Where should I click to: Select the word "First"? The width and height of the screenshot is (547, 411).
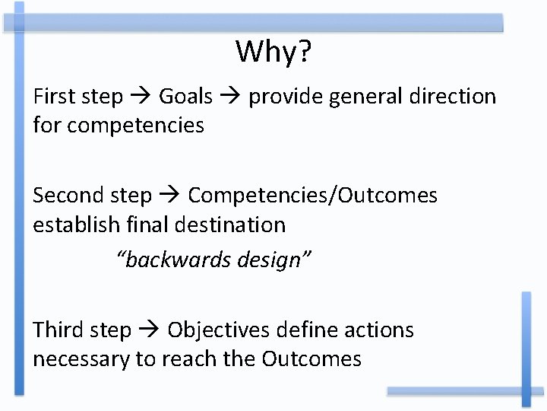click(x=53, y=97)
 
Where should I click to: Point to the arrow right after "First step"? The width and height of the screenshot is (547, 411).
click(x=141, y=97)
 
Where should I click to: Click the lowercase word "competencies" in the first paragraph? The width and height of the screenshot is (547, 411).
click(x=135, y=126)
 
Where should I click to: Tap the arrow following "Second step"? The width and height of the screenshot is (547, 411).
click(x=171, y=196)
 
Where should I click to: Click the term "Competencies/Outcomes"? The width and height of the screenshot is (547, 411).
click(x=312, y=196)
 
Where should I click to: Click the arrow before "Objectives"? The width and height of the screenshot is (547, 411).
click(x=150, y=331)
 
